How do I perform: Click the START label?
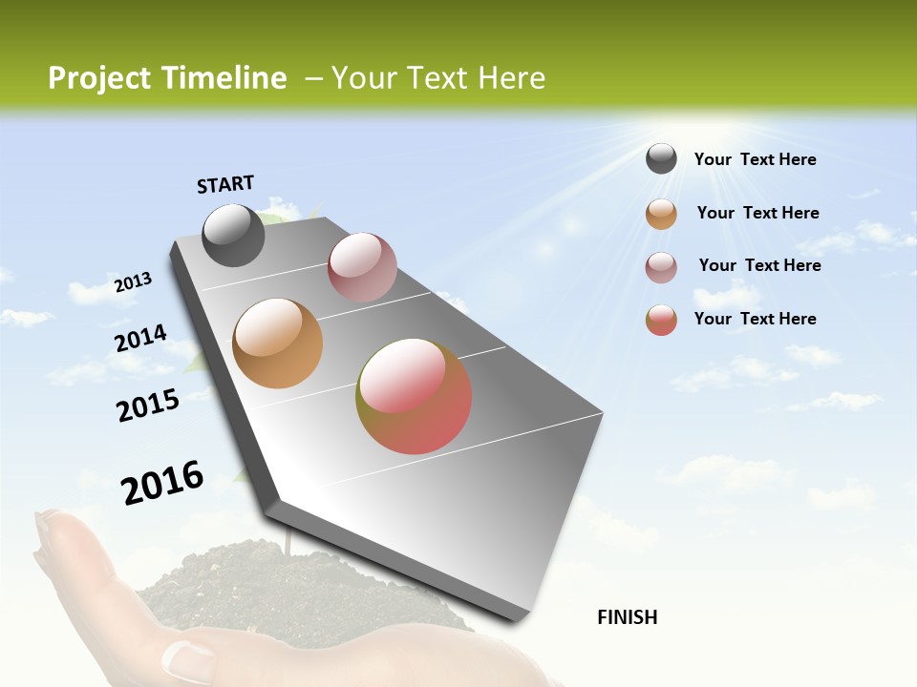225,184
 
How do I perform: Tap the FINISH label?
627,617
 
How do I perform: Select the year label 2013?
133,282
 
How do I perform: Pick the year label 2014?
140,339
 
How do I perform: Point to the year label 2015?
147,406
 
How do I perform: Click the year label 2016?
162,483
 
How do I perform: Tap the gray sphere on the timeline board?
233,235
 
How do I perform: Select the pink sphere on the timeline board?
362,266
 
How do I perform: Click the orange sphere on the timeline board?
278,343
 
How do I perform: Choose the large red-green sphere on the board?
414,396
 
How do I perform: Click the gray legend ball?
661,158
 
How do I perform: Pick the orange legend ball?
661,214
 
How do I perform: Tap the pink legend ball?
661,267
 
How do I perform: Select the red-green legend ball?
661,320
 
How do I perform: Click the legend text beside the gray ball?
755,159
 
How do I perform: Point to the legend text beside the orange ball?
757,213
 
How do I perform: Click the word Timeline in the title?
225,78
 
